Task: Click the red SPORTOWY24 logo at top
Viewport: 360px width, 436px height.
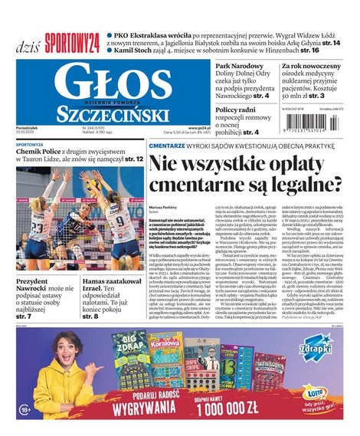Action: (x=72, y=41)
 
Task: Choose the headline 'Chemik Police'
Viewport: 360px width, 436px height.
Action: (x=42, y=152)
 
